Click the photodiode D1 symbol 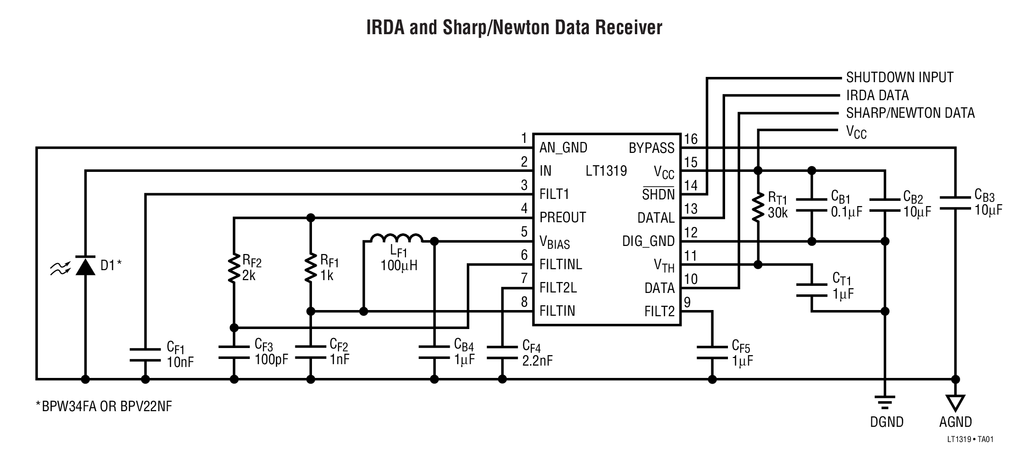pos(85,266)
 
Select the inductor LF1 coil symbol pos(396,238)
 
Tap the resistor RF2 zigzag pos(234,268)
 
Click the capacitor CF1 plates pos(145,355)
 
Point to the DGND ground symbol pos(884,402)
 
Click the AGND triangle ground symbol pos(955,403)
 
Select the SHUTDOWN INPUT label pos(899,77)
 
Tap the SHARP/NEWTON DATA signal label pos(910,113)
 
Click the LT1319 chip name pos(606,171)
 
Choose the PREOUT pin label pos(563,217)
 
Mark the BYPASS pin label pos(651,148)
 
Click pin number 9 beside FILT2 pos(687,302)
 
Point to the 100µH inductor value pos(399,265)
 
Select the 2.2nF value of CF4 pos(537,361)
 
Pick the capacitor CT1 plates pos(812,290)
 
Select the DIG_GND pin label pos(648,241)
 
